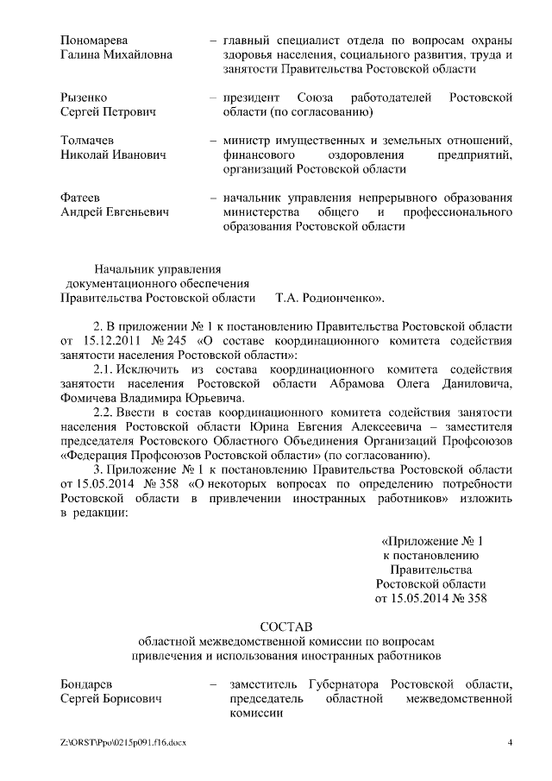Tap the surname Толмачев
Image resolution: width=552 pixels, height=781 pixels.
88,140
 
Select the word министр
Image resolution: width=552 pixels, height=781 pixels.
249,140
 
